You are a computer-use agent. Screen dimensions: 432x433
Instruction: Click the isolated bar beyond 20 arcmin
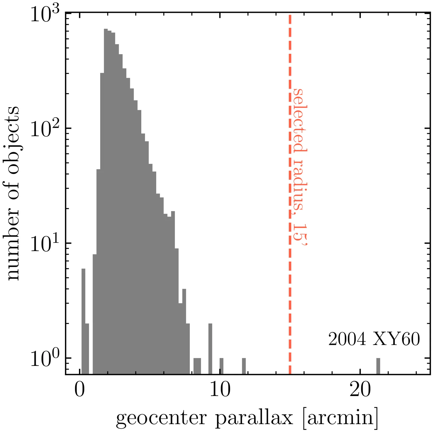pyautogui.click(x=378, y=366)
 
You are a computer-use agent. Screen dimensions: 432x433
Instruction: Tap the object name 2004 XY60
pyautogui.click(x=374, y=339)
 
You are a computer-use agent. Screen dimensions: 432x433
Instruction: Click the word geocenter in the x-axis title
pyautogui.click(x=161, y=418)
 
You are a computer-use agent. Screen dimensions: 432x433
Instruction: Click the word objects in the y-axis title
pyautogui.click(x=12, y=140)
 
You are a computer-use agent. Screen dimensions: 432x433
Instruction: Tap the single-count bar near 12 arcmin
pyautogui.click(x=244, y=366)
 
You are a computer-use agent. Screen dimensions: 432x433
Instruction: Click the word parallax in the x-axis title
pyautogui.click(x=254, y=418)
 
